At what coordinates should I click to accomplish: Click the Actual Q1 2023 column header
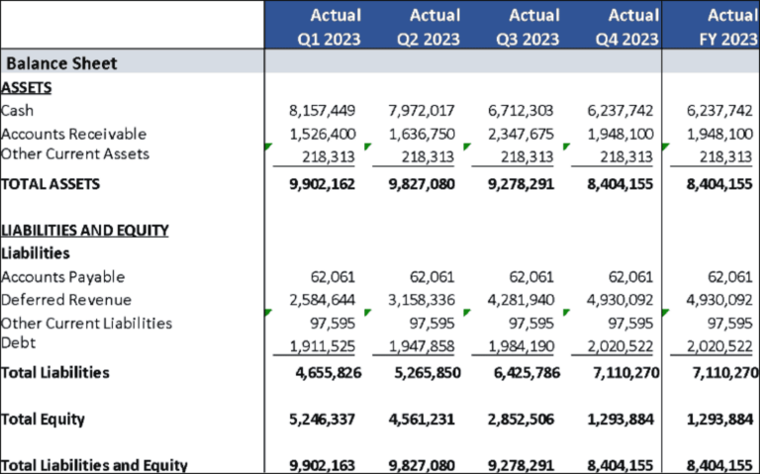click(323, 27)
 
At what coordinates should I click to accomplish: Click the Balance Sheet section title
click(62, 63)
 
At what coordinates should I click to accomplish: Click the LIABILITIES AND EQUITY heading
click(85, 231)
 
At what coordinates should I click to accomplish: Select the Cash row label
click(18, 111)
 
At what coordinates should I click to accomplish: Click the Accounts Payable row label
click(63, 277)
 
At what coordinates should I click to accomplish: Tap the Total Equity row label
click(44, 420)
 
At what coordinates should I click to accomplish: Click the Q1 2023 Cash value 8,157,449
click(323, 111)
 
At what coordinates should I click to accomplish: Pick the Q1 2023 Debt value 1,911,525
click(323, 345)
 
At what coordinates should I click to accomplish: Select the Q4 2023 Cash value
click(619, 111)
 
